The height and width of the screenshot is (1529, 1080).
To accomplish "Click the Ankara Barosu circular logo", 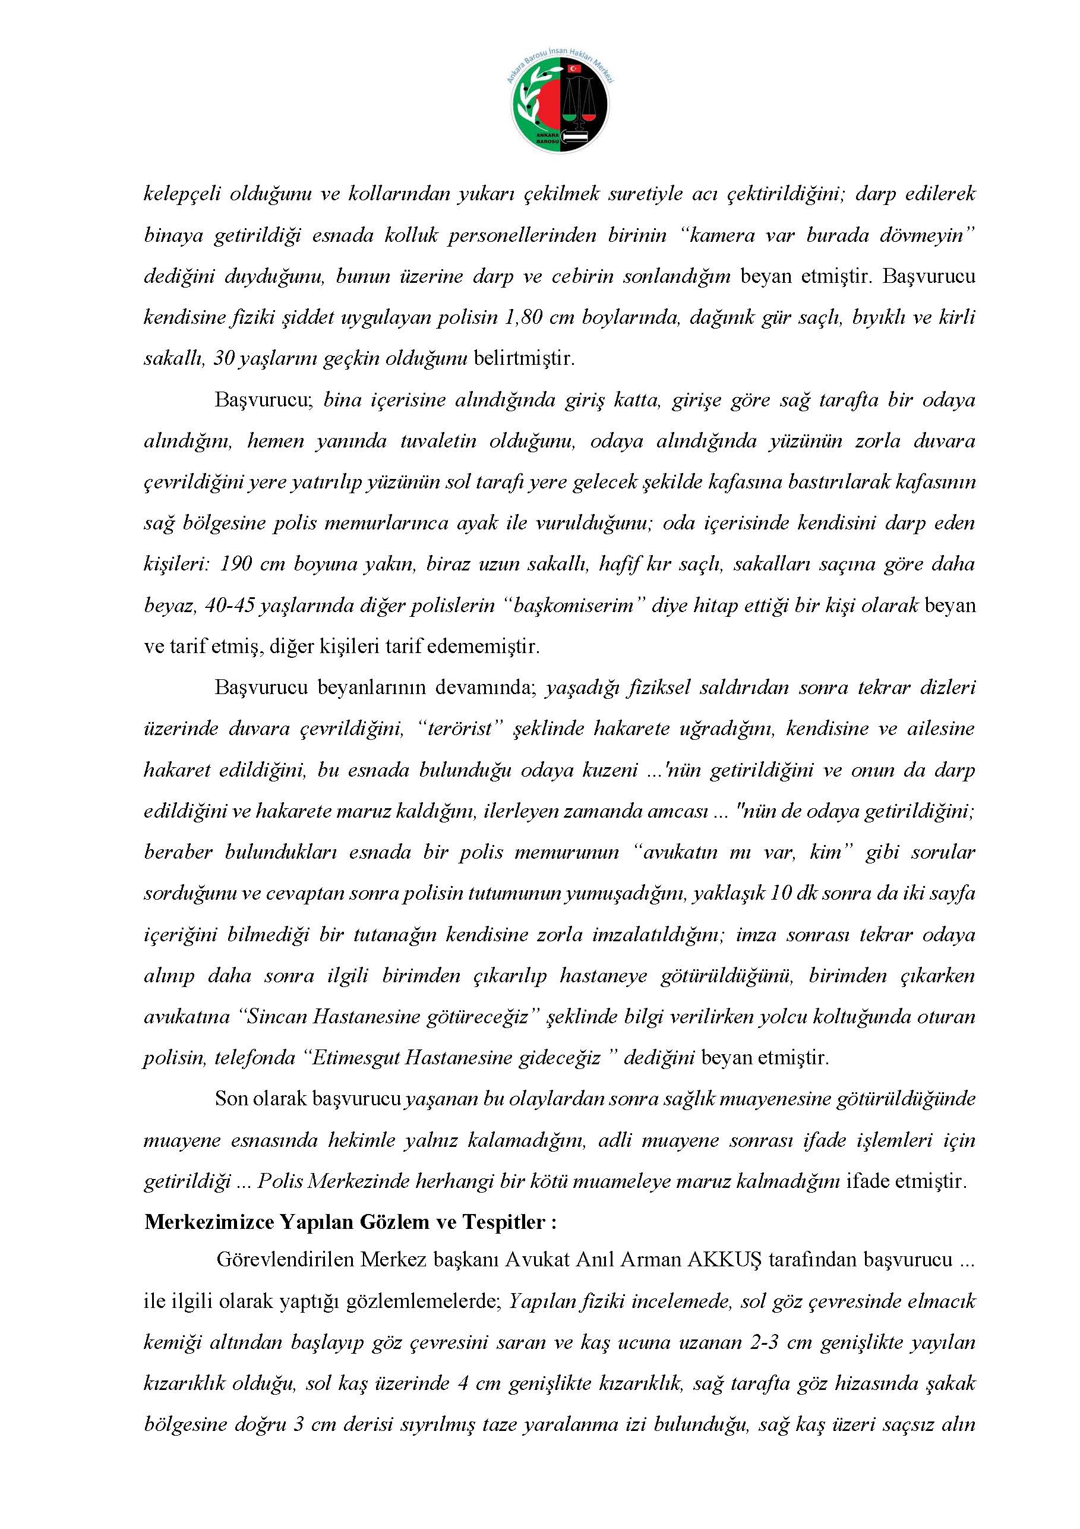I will pyautogui.click(x=560, y=105).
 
